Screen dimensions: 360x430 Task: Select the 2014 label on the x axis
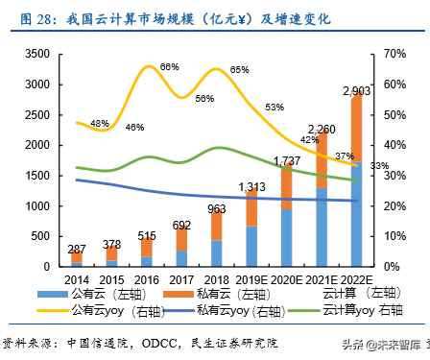[77, 278]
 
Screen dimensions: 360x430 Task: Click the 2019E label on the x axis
[251, 278]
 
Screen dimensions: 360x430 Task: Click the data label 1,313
[252, 186]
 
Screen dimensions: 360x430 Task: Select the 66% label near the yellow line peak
[170, 66]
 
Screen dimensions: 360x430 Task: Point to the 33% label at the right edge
[380, 166]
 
